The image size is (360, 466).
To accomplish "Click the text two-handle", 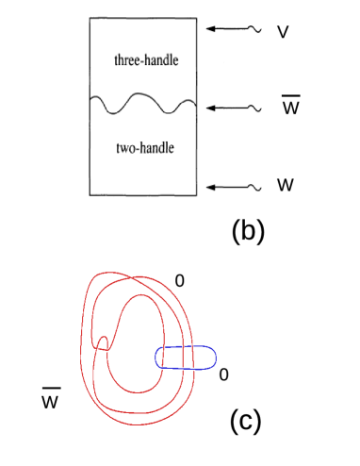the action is pos(144,148).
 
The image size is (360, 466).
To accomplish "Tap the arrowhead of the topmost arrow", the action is pos(211,30).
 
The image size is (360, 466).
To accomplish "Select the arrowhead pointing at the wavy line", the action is pos(211,108).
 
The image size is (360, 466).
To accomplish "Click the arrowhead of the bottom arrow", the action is pos(211,186).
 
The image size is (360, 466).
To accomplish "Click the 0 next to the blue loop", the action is pos(222,374).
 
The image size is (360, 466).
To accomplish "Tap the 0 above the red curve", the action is pos(179,280).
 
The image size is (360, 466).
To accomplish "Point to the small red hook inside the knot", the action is pos(106,339).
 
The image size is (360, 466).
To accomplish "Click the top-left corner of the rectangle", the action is pos(90,19).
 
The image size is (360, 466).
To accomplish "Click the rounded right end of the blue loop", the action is pos(216,358).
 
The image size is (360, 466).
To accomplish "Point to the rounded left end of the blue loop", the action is pos(156,358).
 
